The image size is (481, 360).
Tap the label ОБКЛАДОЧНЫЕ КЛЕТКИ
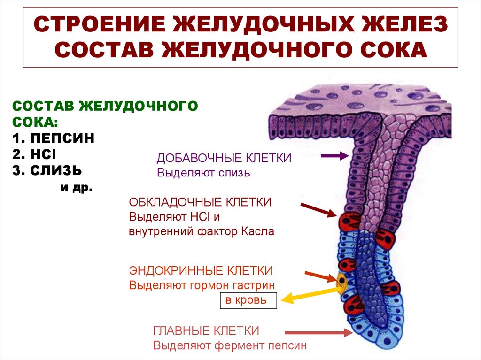[201, 202]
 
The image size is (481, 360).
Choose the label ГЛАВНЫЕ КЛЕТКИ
[206, 330]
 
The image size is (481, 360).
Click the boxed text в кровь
[248, 300]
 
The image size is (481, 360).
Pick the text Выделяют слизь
[203, 173]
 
